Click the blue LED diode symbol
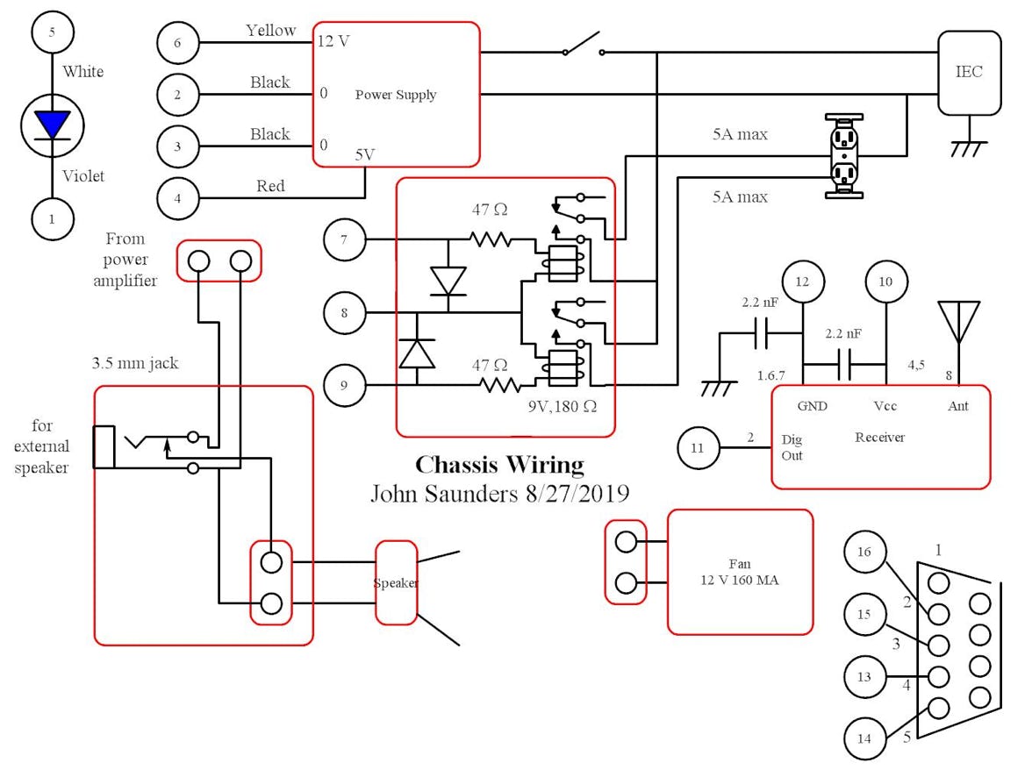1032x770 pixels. pyautogui.click(x=52, y=124)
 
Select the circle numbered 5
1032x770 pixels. pyautogui.click(x=52, y=32)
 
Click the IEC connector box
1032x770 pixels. pyautogui.click(x=969, y=73)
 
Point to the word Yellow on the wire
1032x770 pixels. pyautogui.click(x=271, y=31)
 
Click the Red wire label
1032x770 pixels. pyautogui.click(x=270, y=186)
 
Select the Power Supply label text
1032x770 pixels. pyautogui.click(x=395, y=95)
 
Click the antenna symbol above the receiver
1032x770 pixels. pyautogui.click(x=958, y=322)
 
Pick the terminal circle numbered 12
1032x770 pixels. pyautogui.click(x=803, y=282)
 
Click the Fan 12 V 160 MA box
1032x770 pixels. pyautogui.click(x=740, y=572)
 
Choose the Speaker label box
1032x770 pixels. pyautogui.click(x=396, y=583)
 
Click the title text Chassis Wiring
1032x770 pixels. pyautogui.click(x=498, y=464)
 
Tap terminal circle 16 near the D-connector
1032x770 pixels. pyautogui.click(x=865, y=552)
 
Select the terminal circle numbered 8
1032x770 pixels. pyautogui.click(x=344, y=311)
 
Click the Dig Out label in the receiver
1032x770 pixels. pyautogui.click(x=792, y=447)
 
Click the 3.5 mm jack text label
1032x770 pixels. pyautogui.click(x=135, y=363)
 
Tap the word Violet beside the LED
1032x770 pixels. pyautogui.click(x=83, y=176)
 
